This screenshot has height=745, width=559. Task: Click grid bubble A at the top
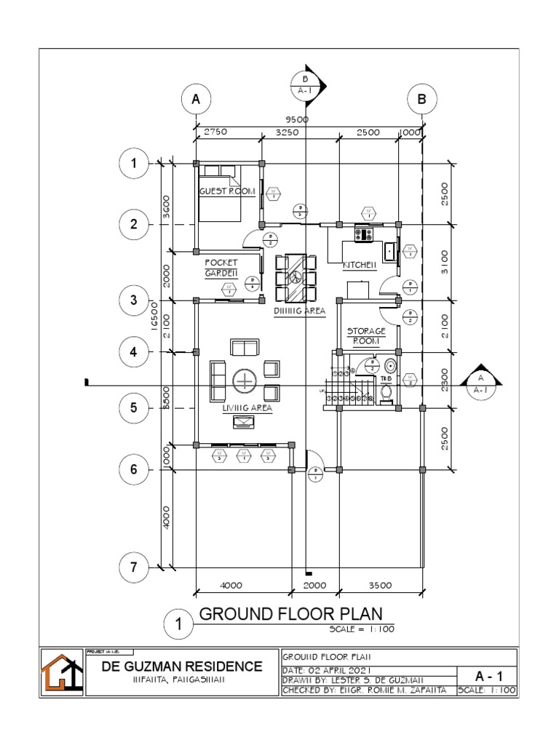(195, 100)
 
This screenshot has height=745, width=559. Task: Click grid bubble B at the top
(421, 100)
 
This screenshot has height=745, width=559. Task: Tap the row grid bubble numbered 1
(133, 164)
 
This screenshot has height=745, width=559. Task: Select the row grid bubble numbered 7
(133, 568)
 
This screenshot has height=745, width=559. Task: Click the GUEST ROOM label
(227, 191)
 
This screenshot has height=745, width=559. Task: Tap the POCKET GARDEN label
(221, 268)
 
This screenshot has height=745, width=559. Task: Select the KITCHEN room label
(359, 266)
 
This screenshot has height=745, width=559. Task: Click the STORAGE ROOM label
(366, 335)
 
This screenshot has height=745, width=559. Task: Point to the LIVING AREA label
(247, 408)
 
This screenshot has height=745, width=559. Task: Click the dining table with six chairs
(296, 278)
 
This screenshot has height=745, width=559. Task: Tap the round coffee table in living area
(245, 381)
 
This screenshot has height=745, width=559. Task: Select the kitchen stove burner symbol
(363, 234)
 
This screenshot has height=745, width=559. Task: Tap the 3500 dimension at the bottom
(379, 584)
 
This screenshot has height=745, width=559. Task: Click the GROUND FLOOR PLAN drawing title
(290, 613)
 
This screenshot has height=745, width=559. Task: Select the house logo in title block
(60, 672)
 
